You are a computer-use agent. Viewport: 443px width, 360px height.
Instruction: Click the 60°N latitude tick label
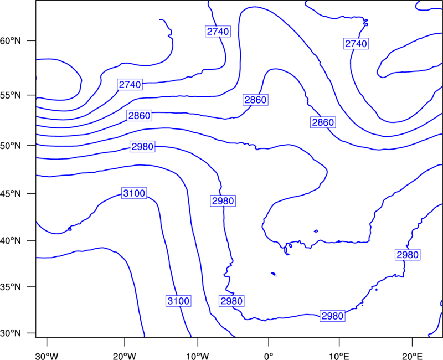pyautogui.click(x=11, y=41)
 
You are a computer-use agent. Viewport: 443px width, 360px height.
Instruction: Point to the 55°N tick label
pyautogui.click(x=11, y=95)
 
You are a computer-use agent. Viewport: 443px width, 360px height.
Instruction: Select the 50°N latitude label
pyautogui.click(x=11, y=146)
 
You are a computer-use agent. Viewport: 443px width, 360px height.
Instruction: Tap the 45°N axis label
pyautogui.click(x=11, y=194)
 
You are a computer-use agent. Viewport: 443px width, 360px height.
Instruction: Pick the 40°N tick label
pyautogui.click(x=11, y=241)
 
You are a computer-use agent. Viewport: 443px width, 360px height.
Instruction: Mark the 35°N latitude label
pyautogui.click(x=11, y=287)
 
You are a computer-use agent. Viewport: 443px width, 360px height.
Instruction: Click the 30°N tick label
pyautogui.click(x=11, y=333)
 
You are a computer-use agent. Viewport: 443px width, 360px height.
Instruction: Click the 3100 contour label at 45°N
pyautogui.click(x=134, y=193)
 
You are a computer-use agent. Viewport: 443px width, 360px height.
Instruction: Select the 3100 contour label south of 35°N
pyautogui.click(x=178, y=301)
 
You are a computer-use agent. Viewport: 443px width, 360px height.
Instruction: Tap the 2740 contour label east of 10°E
pyautogui.click(x=356, y=44)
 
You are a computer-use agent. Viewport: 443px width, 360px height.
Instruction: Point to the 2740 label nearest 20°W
pyautogui.click(x=130, y=85)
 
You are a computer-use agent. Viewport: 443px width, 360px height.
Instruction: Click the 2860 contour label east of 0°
pyautogui.click(x=323, y=122)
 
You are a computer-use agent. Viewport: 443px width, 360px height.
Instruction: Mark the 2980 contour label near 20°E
pyautogui.click(x=408, y=255)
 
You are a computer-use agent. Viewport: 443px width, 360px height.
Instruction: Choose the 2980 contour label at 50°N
pyautogui.click(x=142, y=147)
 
